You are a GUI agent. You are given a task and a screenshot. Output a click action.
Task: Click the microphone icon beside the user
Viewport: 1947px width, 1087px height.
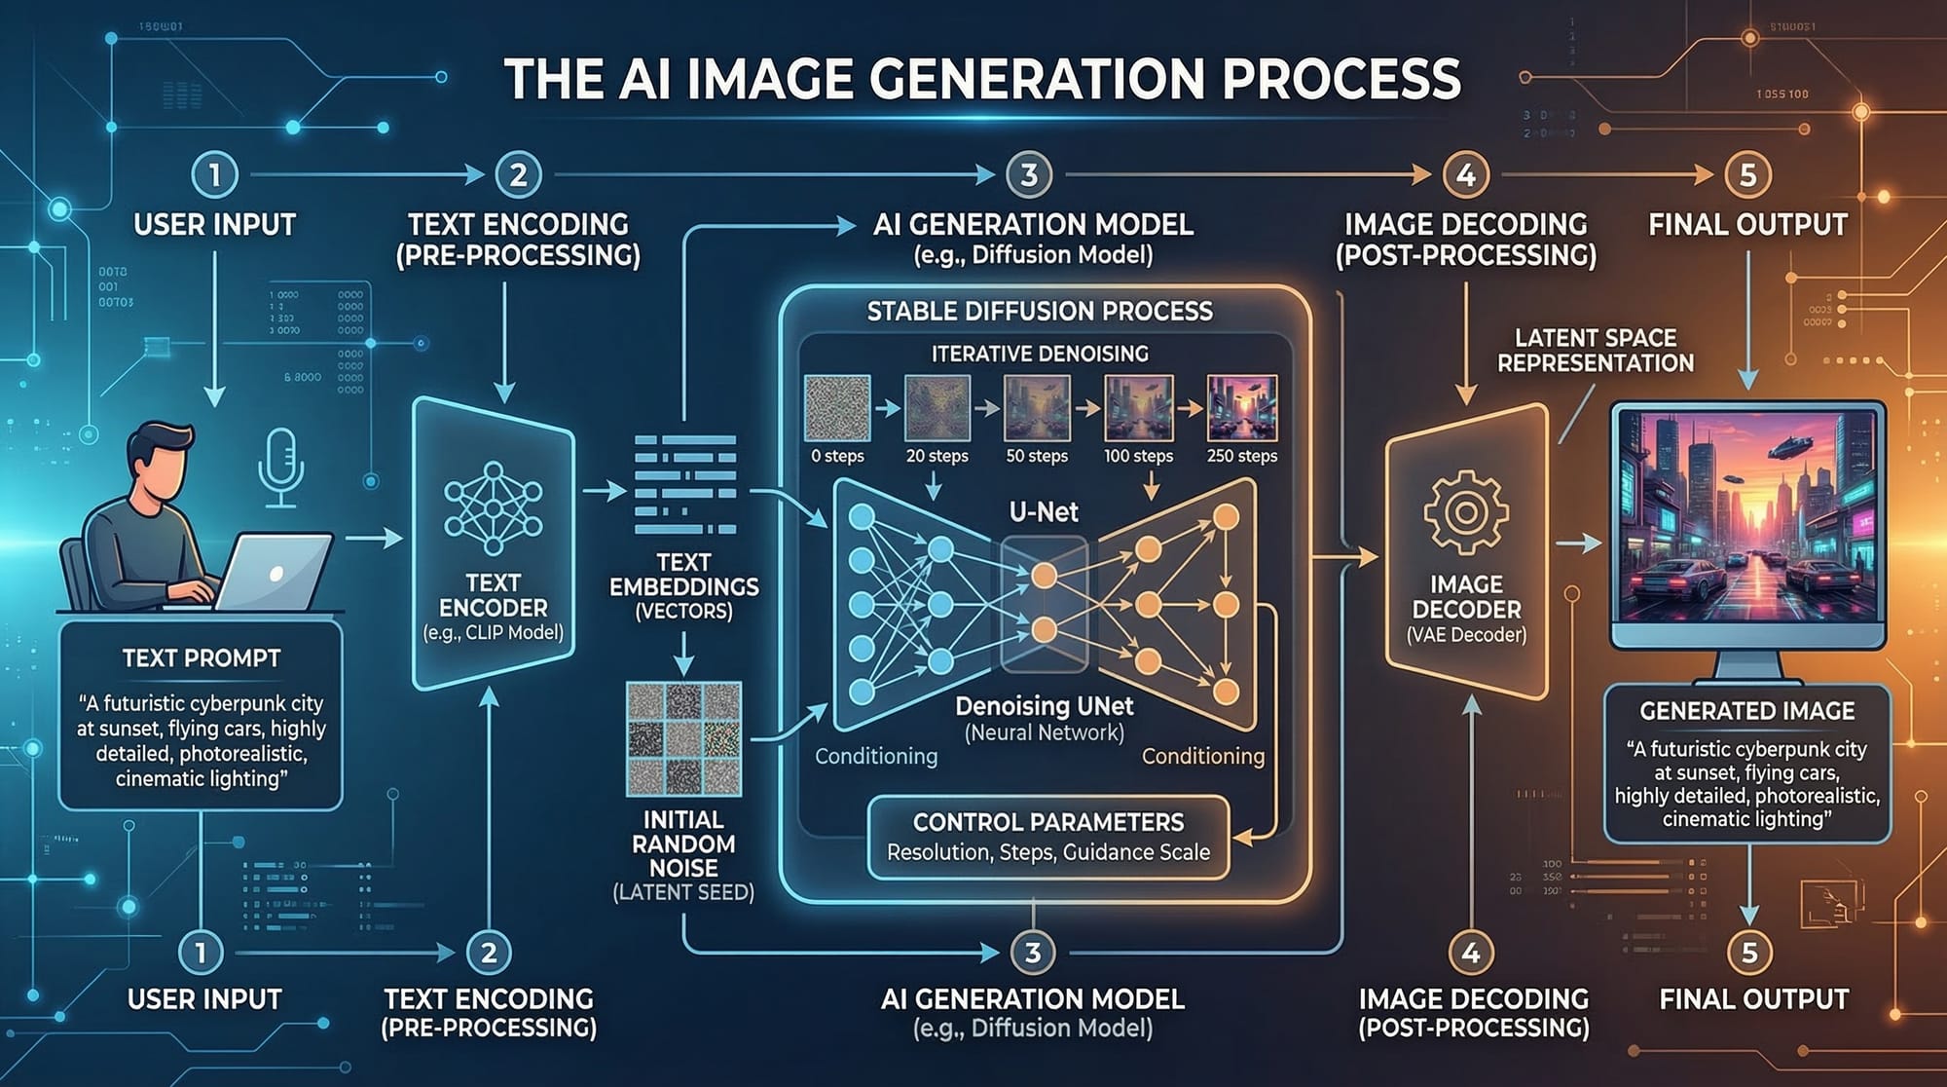(280, 466)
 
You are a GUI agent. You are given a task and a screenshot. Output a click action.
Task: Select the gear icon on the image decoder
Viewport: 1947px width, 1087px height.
(1465, 511)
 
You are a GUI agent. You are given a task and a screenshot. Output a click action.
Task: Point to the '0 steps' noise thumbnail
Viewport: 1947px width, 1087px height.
(837, 409)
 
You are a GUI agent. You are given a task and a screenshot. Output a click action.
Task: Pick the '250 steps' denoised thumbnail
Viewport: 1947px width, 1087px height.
(1241, 409)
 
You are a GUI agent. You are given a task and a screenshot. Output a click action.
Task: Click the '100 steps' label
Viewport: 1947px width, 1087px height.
(1138, 456)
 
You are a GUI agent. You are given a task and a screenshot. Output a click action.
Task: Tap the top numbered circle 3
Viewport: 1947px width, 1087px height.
(1028, 175)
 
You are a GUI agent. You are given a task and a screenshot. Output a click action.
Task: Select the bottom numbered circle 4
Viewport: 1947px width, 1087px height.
(1470, 953)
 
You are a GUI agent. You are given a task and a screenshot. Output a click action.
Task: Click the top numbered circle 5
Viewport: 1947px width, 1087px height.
(1747, 175)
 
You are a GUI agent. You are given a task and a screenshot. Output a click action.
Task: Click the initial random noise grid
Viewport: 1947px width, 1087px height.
(683, 737)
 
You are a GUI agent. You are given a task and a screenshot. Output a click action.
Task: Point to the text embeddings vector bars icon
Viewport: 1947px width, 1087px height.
(684, 485)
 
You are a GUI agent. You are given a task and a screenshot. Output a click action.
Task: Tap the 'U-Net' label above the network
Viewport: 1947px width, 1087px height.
(1044, 512)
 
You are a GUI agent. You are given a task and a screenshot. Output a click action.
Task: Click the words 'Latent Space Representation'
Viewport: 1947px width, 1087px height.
(1595, 351)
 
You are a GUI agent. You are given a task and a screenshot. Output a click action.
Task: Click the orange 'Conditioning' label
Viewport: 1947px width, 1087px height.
(1202, 757)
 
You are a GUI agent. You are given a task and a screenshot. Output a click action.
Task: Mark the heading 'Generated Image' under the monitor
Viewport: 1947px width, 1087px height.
(1746, 711)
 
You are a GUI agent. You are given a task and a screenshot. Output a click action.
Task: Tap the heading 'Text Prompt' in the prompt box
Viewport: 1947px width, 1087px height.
(202, 658)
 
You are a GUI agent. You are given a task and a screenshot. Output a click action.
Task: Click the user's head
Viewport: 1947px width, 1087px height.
(162, 463)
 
